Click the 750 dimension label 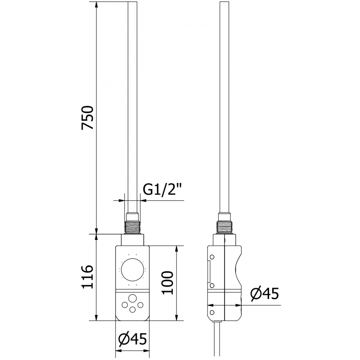pyautogui.click(x=87, y=118)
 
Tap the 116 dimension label pyautogui.click(x=87, y=277)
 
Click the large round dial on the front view pyautogui.click(x=132, y=270)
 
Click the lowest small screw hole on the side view pyautogui.click(x=211, y=311)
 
